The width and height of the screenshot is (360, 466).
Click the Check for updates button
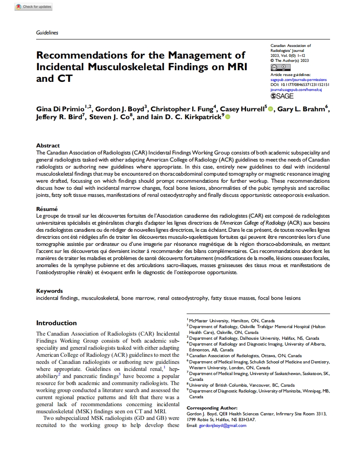33,7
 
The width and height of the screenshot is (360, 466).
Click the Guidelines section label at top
47,32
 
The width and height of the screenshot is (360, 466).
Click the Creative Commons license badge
280,68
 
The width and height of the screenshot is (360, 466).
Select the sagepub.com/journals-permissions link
298,79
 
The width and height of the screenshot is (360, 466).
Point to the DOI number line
300,84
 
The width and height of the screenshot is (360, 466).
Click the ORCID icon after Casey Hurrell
271,109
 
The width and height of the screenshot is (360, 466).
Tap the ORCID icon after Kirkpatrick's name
227,118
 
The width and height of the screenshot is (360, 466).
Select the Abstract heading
48,146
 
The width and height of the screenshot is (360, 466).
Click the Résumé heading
47,209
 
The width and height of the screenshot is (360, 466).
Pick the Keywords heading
49,291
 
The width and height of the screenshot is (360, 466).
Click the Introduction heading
57,323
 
